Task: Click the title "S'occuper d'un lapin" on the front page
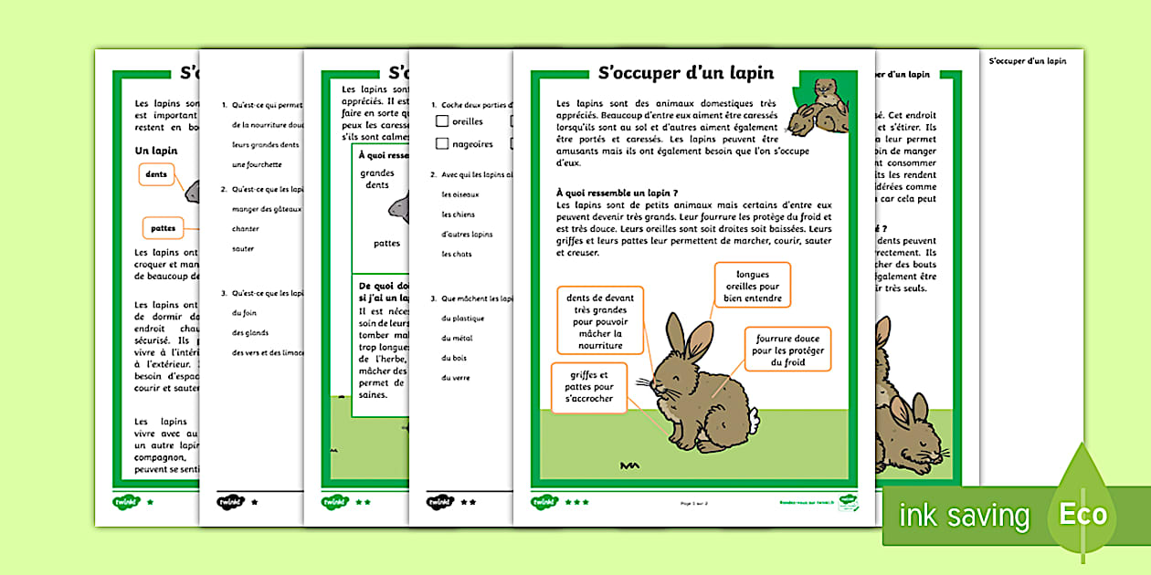(685, 73)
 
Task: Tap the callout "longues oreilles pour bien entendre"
(753, 286)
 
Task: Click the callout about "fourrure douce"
(787, 350)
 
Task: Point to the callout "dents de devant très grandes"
(600, 320)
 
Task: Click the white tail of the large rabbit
(753, 424)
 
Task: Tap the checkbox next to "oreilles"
(442, 121)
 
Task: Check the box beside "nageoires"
(442, 143)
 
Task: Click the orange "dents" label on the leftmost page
(156, 173)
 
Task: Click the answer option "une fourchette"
(257, 165)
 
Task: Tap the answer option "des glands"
(250, 333)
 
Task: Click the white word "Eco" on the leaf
(1082, 515)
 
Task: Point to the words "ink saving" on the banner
(964, 517)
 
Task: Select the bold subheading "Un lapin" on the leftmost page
(156, 150)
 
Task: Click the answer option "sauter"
(243, 249)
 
